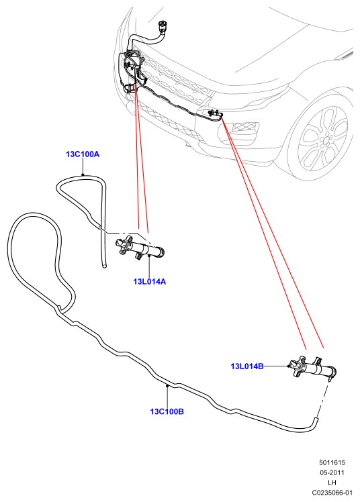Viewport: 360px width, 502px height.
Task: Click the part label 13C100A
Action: [83, 154]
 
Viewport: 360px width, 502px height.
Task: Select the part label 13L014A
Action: [150, 282]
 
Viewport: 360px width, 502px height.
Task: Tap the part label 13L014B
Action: [247, 366]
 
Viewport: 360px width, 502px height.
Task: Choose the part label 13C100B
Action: [167, 411]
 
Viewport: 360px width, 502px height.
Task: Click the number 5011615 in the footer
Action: [332, 462]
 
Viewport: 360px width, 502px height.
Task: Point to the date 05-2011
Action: [332, 472]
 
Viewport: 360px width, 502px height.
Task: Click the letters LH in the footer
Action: [332, 482]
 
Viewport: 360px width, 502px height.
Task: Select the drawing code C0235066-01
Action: [332, 493]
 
